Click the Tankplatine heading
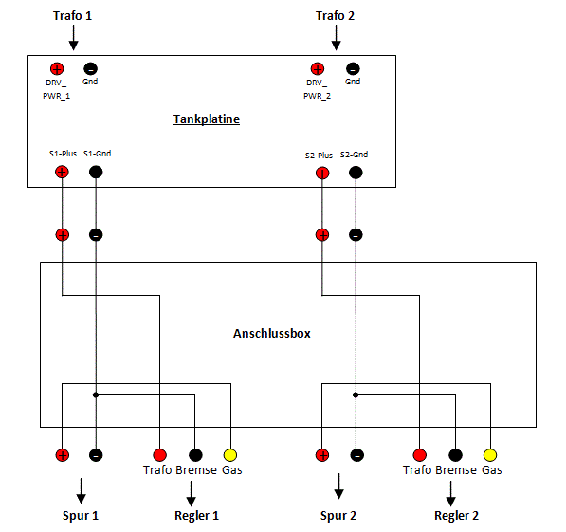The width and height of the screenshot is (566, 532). [x=207, y=119]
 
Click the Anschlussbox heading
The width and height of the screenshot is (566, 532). [x=272, y=334]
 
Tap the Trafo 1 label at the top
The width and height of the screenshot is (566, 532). [x=73, y=16]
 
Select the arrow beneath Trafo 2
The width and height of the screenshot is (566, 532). [x=336, y=38]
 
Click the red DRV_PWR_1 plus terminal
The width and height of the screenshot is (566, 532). [x=57, y=68]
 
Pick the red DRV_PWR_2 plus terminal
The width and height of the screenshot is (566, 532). [x=318, y=68]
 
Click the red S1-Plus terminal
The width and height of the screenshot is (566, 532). [x=62, y=172]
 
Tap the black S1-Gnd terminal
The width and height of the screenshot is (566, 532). [x=96, y=172]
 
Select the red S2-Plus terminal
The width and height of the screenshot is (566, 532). [x=322, y=173]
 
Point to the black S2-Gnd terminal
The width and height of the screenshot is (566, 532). [x=356, y=173]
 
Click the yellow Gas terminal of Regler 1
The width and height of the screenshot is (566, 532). [x=230, y=455]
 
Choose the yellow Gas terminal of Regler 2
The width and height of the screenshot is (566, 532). [x=490, y=455]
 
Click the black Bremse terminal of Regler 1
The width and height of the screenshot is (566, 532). [x=195, y=455]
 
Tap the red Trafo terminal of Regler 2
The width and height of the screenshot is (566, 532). [x=419, y=455]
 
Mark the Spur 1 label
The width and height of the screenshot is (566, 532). [x=81, y=515]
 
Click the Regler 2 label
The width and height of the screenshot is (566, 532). [x=457, y=515]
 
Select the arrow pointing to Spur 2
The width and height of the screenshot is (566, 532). [x=338, y=486]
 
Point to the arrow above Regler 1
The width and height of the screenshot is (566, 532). [x=191, y=494]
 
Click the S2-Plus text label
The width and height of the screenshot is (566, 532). [x=319, y=156]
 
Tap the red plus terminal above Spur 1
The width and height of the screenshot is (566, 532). [x=63, y=455]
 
